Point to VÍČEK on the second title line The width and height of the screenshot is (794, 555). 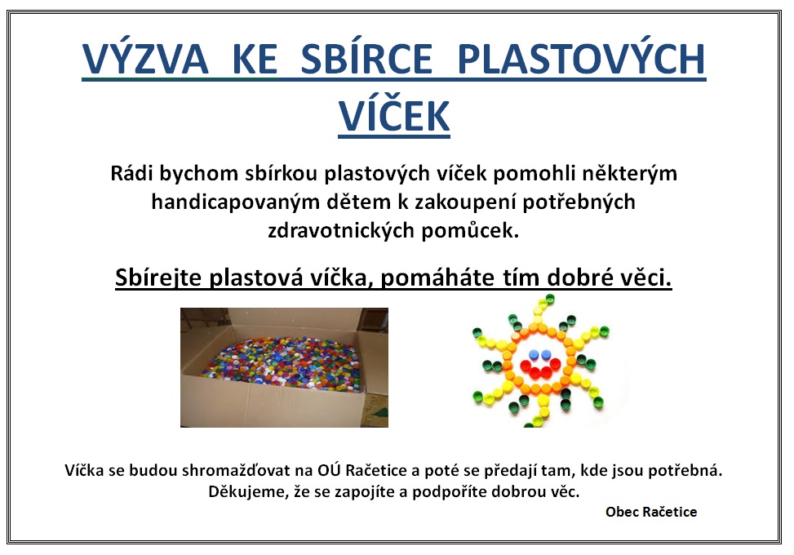click(394, 114)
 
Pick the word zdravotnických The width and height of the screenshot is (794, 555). click(341, 231)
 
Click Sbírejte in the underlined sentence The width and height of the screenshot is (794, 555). click(158, 277)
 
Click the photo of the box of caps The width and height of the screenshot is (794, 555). click(284, 367)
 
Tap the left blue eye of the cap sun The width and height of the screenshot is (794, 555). click(534, 353)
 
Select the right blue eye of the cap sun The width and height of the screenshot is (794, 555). click(546, 353)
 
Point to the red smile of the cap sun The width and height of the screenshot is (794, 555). click(539, 368)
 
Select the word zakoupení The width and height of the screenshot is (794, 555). click(465, 202)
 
